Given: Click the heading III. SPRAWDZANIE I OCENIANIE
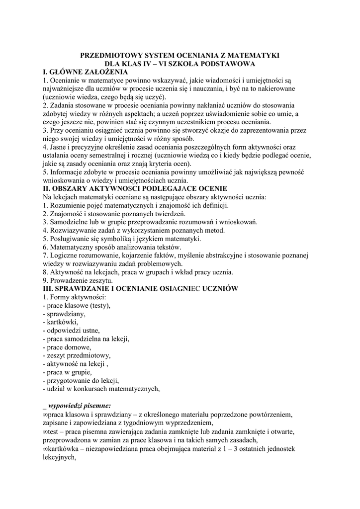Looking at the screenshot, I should click(141, 289).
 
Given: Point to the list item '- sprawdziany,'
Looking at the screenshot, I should click(64, 314).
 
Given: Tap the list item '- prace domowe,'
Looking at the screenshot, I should click(67, 347).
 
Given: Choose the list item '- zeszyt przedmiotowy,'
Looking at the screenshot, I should click(77, 355).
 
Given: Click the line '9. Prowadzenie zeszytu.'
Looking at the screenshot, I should click(78, 280).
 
